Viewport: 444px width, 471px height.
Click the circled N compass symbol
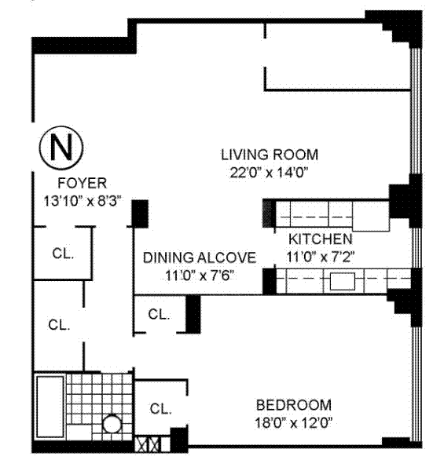click(x=61, y=148)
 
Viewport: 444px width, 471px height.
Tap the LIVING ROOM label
click(x=270, y=155)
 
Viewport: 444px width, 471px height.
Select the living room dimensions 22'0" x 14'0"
click(x=270, y=173)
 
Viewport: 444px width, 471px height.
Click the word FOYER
click(x=82, y=183)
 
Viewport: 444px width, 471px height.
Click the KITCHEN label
click(x=321, y=239)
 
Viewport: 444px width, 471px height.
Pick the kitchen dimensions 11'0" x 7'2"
click(x=321, y=257)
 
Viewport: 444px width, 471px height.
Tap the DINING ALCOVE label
click(x=200, y=257)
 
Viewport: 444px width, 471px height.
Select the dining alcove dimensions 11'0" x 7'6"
click(x=200, y=276)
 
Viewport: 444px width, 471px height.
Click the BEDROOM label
click(x=294, y=405)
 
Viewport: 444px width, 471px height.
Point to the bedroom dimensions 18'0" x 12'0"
click(x=294, y=423)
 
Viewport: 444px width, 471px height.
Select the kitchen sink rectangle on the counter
click(x=343, y=282)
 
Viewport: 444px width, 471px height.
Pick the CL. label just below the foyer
click(x=63, y=254)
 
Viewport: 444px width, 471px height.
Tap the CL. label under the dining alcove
click(x=159, y=315)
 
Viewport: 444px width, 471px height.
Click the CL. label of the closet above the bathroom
click(x=59, y=325)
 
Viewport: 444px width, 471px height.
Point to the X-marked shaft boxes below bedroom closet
click(x=148, y=444)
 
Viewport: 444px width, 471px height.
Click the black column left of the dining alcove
click(x=141, y=214)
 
